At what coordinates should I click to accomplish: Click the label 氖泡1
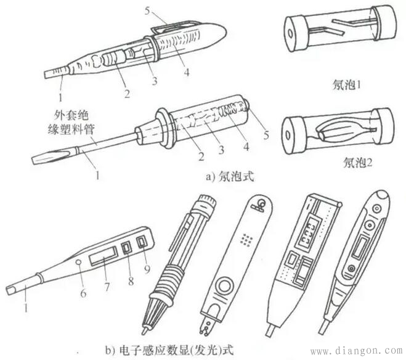(346, 85)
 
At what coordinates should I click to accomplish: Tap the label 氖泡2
(358, 163)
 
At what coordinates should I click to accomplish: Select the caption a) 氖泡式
(230, 177)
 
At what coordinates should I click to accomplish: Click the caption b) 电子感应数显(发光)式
(169, 350)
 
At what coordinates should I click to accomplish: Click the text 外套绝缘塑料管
(70, 122)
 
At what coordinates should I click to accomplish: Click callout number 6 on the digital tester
(83, 293)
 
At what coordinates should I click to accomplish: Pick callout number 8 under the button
(131, 280)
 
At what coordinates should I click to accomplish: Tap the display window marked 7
(103, 256)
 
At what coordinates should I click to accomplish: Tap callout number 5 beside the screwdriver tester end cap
(266, 135)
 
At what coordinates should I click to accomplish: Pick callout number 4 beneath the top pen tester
(187, 72)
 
